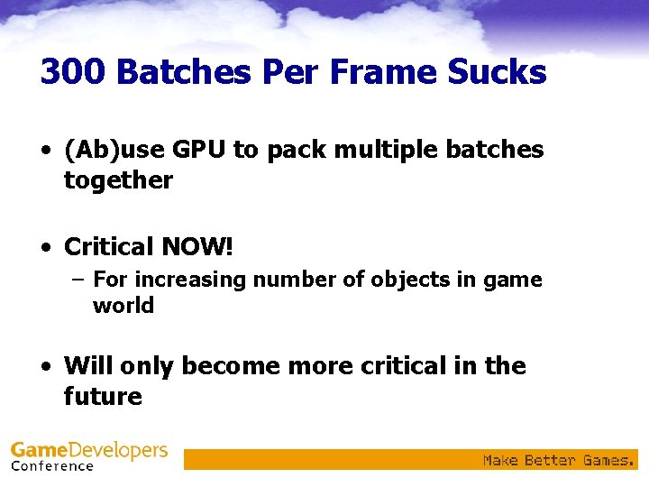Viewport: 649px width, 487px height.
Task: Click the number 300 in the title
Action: coord(73,71)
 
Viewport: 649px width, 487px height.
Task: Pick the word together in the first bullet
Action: coord(118,180)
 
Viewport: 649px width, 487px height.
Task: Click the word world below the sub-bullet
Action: coord(123,306)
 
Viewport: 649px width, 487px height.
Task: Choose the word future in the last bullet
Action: coord(103,397)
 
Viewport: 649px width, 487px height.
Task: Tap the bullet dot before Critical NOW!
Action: coord(45,245)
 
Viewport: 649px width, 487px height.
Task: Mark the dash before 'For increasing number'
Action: coord(77,280)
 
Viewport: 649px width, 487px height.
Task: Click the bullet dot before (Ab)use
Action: coord(45,151)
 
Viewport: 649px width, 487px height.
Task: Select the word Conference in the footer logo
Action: coord(52,466)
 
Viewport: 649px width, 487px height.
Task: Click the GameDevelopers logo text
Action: coord(89,450)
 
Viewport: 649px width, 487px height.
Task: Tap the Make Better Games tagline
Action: coord(558,460)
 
